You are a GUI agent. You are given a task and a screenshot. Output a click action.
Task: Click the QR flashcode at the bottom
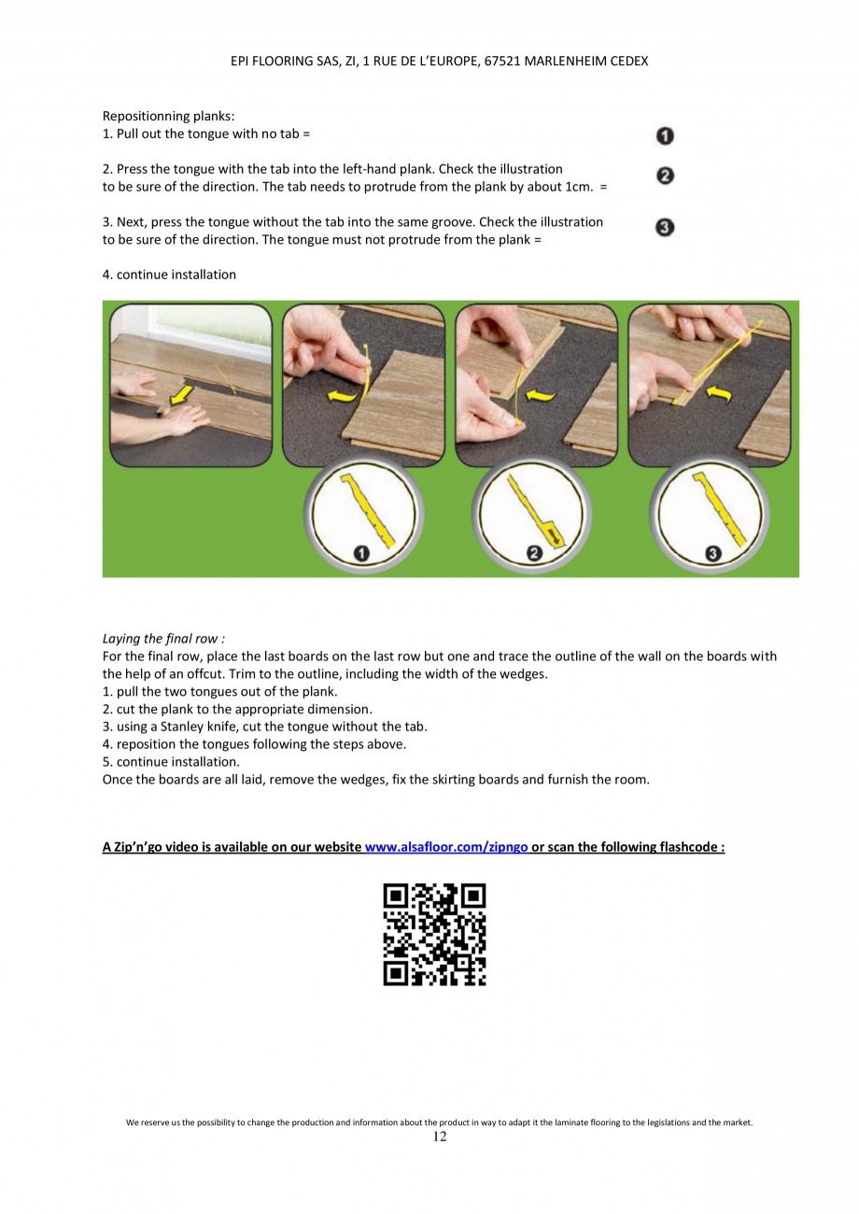pyautogui.click(x=434, y=934)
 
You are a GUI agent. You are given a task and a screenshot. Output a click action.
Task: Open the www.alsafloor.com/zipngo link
pyautogui.click(x=446, y=847)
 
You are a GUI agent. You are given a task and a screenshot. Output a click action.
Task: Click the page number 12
pyautogui.click(x=440, y=1136)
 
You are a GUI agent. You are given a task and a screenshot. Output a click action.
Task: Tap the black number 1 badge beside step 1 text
pyautogui.click(x=665, y=135)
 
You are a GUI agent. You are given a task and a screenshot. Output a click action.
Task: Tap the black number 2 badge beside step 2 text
pyautogui.click(x=665, y=176)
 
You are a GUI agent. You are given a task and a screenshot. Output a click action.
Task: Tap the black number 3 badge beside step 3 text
pyautogui.click(x=665, y=227)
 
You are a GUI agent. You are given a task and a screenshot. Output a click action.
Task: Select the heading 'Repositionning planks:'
pyautogui.click(x=168, y=117)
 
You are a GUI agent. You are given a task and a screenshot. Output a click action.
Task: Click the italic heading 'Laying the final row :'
pyautogui.click(x=163, y=639)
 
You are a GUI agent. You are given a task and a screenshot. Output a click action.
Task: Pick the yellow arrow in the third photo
pyautogui.click(x=542, y=396)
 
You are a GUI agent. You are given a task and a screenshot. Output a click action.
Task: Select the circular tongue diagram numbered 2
pyautogui.click(x=533, y=511)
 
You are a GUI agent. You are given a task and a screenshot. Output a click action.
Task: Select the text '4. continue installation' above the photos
pyautogui.click(x=169, y=275)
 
